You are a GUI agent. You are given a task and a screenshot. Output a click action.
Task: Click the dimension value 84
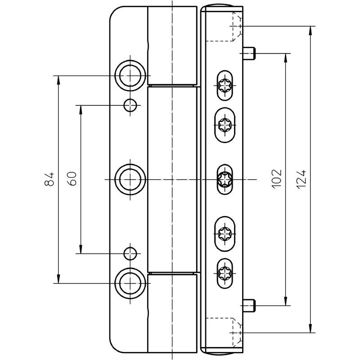(x=49, y=179)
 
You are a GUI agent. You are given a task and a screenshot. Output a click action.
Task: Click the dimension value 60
(x=72, y=179)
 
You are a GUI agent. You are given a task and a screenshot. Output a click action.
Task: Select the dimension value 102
(x=277, y=179)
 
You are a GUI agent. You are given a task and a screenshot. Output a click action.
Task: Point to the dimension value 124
(x=301, y=180)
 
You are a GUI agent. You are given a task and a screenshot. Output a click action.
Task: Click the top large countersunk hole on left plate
(x=130, y=76)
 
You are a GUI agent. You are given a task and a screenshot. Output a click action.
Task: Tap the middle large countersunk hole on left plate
(x=130, y=179)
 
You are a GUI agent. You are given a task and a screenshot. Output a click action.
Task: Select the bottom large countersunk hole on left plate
(x=130, y=283)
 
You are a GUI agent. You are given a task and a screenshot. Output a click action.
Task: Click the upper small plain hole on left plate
(x=130, y=105)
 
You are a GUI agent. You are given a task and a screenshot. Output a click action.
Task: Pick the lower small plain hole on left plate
(x=130, y=253)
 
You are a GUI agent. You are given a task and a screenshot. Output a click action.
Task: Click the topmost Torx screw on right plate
(x=225, y=85)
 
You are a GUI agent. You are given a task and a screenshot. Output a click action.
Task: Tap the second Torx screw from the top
(x=225, y=125)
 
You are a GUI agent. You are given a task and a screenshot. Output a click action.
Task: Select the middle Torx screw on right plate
(x=225, y=179)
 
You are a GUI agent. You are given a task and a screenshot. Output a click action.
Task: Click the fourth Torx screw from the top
(x=225, y=234)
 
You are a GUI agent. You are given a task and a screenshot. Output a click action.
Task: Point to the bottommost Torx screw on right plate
(x=225, y=273)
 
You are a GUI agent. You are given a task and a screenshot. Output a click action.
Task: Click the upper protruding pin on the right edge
(x=249, y=53)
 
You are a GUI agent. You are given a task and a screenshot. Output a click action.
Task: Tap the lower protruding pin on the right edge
(x=249, y=306)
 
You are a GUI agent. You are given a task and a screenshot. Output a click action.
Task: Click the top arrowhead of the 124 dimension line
(x=310, y=31)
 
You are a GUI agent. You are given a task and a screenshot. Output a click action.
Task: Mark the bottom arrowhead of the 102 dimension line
(x=286, y=301)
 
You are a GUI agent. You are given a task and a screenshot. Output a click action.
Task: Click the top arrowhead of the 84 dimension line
(x=58, y=81)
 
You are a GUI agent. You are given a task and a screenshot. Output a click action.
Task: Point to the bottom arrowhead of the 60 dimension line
(x=81, y=249)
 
